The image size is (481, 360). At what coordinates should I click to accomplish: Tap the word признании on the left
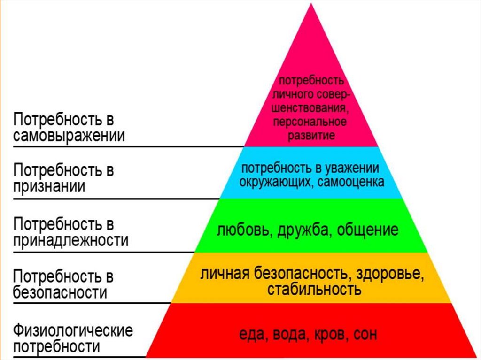[x=49, y=187]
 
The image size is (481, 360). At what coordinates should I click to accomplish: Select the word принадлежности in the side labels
[x=70, y=240]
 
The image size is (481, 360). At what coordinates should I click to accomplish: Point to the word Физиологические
[x=73, y=330]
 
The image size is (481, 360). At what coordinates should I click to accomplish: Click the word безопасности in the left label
[x=60, y=292]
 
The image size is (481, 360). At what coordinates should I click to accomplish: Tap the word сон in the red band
[x=365, y=334]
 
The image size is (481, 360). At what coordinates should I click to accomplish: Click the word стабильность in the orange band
[x=314, y=289]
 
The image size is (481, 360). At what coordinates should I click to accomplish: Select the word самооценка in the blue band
[x=351, y=182]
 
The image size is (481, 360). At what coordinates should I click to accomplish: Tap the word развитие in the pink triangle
[x=311, y=135]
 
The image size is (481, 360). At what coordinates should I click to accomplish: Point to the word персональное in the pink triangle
[x=310, y=122]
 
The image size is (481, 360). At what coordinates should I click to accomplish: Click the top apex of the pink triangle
[x=311, y=3]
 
